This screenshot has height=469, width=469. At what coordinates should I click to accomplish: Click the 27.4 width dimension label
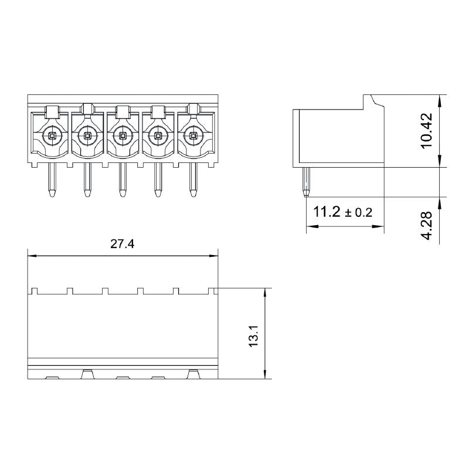tap(123, 245)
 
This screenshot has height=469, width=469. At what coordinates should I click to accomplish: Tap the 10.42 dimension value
tap(427, 130)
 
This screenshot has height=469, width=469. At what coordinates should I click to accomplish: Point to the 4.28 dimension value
tap(427, 225)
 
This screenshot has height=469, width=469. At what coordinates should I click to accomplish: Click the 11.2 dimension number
tap(327, 212)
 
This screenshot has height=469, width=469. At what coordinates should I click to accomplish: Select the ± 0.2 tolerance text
tap(359, 213)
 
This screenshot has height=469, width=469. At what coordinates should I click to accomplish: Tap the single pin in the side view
tap(305, 182)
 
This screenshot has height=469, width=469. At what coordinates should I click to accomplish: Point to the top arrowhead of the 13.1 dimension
tap(266, 291)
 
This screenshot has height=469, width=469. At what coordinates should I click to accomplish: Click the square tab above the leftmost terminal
tap(52, 110)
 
